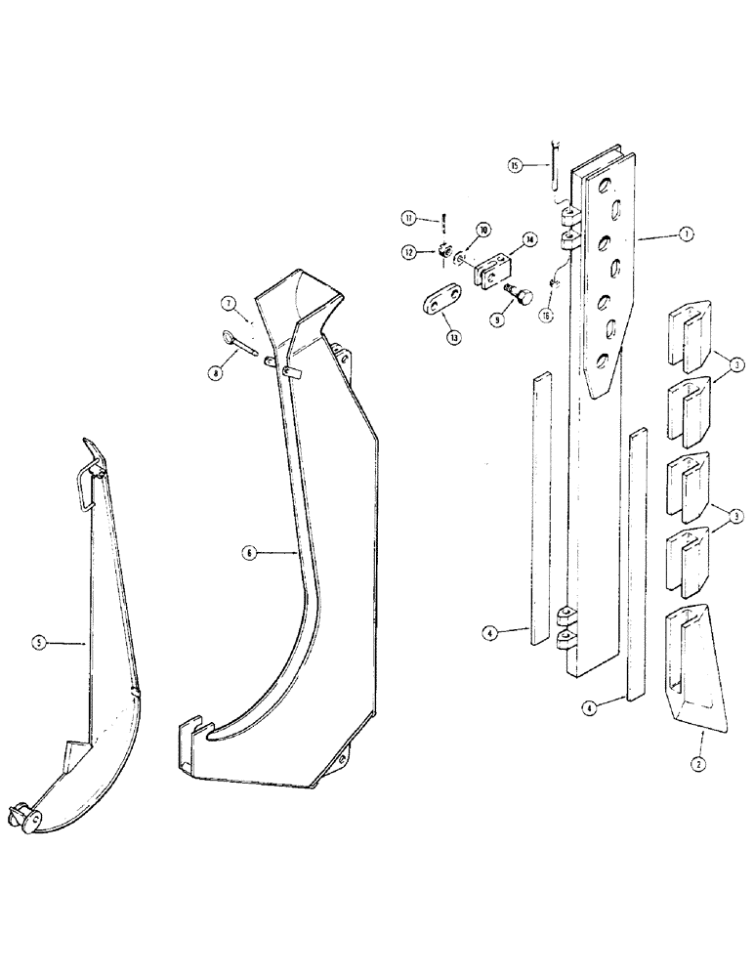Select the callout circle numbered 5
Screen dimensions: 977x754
[x=38, y=642]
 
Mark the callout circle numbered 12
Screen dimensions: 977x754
[x=408, y=252]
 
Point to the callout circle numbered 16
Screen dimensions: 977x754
[x=546, y=315]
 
